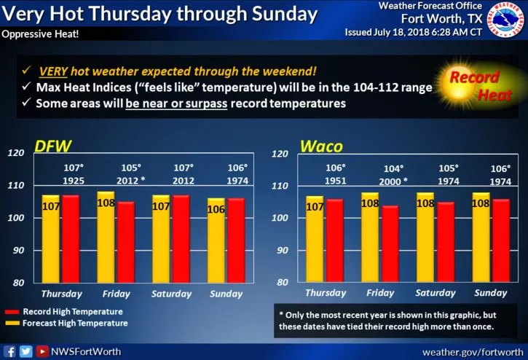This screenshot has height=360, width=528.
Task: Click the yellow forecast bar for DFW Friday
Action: (106, 237)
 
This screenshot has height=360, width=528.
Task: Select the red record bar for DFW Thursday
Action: (71, 238)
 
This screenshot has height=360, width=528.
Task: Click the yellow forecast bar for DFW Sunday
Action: (216, 240)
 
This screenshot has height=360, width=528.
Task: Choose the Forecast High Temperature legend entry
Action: (68, 322)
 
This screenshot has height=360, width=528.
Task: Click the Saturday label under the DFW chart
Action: (171, 294)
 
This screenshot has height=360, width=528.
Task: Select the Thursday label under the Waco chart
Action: (326, 294)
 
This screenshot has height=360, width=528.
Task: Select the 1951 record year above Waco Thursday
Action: (335, 179)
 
